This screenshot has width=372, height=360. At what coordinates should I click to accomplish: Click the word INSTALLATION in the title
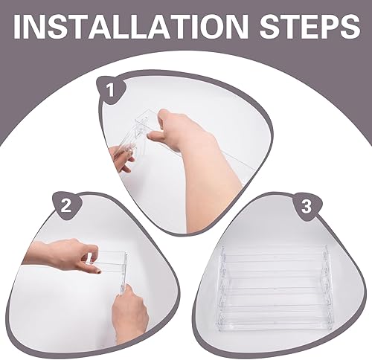point(131,26)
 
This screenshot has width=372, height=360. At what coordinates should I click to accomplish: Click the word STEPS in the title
point(310,26)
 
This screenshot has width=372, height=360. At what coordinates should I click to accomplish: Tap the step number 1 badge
point(112,91)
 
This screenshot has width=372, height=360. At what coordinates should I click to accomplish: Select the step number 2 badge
point(66,206)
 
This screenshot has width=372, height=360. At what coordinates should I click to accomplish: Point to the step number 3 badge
point(307,207)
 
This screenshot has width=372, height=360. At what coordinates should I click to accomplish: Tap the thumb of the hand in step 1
point(155,135)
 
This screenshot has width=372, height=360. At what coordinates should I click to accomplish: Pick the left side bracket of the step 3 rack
point(223,289)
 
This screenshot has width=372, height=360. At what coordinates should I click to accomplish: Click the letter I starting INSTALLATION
point(18,27)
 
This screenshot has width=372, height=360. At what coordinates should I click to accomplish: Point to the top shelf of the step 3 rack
point(274,253)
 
